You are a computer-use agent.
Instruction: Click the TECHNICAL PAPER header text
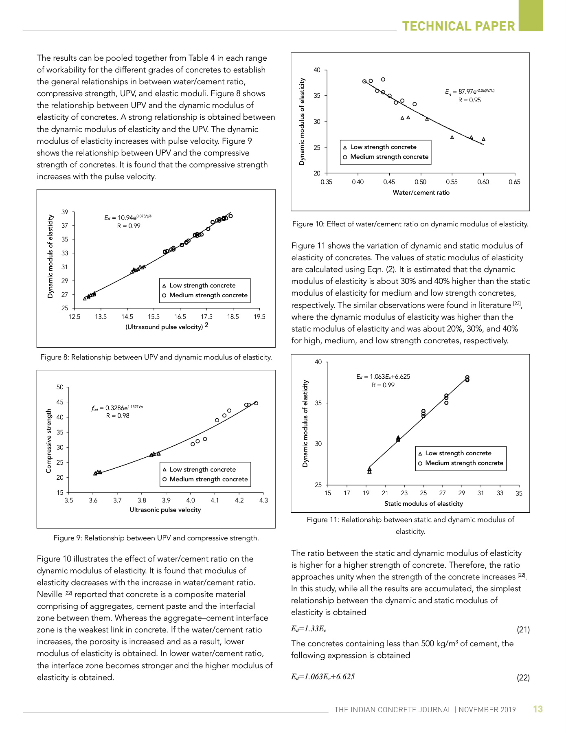pyautogui.click(x=459, y=26)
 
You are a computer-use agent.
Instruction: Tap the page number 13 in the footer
pyautogui.click(x=538, y=709)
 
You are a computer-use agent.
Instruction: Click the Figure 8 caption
pyautogui.click(x=156, y=357)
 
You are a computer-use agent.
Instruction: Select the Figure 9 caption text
pyautogui.click(x=156, y=538)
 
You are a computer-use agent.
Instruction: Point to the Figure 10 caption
pyautogui.click(x=410, y=224)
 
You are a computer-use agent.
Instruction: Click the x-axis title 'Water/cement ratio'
pyautogui.click(x=421, y=193)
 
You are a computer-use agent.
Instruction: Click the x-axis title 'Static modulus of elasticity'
pyautogui.click(x=423, y=504)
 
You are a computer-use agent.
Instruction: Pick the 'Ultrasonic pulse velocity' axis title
pyautogui.click(x=165, y=510)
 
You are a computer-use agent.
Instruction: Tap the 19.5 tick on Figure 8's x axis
pyautogui.click(x=259, y=317)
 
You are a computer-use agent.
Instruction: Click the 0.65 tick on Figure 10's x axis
pyautogui.click(x=514, y=182)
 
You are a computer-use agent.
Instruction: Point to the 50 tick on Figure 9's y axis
pyautogui.click(x=60, y=387)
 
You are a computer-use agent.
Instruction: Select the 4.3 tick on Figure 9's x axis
pyautogui.click(x=263, y=500)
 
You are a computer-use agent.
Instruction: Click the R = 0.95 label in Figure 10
pyautogui.click(x=469, y=100)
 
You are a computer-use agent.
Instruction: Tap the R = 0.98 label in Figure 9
pyautogui.click(x=118, y=416)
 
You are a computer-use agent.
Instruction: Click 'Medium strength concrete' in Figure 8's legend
pyautogui.click(x=208, y=295)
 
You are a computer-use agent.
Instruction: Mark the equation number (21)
pyautogui.click(x=523, y=630)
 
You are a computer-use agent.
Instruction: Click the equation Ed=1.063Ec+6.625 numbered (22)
pyautogui.click(x=323, y=677)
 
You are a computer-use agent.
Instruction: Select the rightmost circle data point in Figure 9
pyautogui.click(x=256, y=403)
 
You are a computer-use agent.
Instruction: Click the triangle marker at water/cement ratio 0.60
pyautogui.click(x=484, y=139)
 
